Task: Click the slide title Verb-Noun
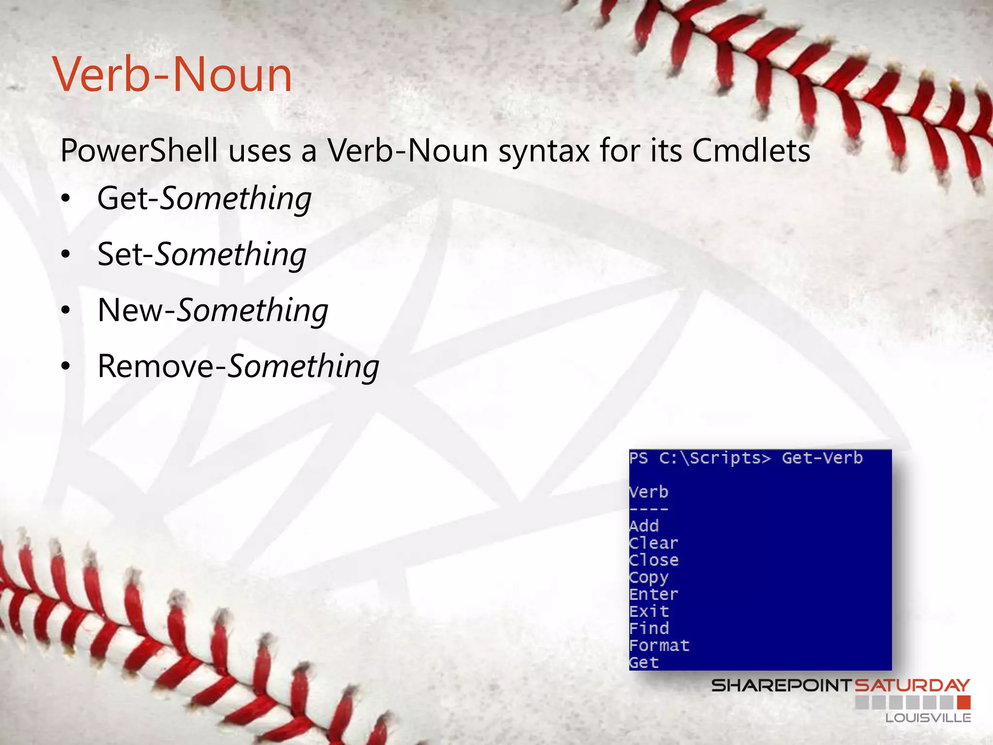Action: (x=173, y=75)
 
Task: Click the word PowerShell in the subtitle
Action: (x=139, y=151)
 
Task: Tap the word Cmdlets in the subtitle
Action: (x=751, y=151)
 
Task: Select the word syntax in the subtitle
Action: (x=544, y=151)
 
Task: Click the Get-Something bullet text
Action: (x=204, y=198)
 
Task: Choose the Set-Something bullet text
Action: (x=202, y=254)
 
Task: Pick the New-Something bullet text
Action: (x=213, y=310)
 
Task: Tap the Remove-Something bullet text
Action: (x=238, y=366)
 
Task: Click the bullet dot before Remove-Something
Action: (x=66, y=367)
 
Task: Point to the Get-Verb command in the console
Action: (x=822, y=458)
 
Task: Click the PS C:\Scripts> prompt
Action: (x=700, y=458)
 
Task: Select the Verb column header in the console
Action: (x=649, y=492)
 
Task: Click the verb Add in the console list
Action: (x=644, y=526)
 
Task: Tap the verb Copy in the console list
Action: (x=649, y=577)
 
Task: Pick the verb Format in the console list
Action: (x=659, y=645)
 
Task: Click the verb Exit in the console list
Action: (x=649, y=611)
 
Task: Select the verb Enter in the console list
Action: (x=654, y=594)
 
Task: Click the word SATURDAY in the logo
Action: (x=912, y=685)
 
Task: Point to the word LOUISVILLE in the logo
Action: (x=928, y=718)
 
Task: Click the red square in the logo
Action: (x=964, y=702)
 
